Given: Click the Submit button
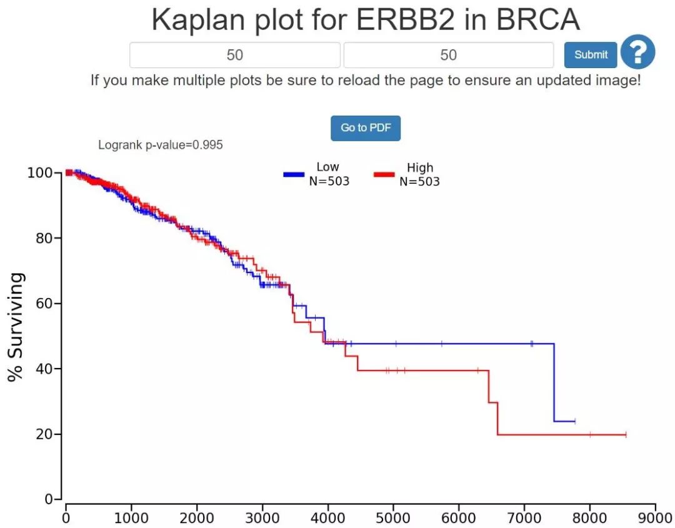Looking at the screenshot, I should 591,55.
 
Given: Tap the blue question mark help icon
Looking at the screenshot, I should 637,52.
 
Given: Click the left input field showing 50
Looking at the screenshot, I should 235,55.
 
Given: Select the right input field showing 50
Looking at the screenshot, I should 448,55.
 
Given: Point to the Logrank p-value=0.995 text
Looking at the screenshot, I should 161,145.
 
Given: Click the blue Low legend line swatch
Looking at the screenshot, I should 294,174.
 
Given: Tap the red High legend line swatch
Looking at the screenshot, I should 384,174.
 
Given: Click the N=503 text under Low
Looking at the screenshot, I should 329,181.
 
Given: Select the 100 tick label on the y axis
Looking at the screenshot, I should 41,172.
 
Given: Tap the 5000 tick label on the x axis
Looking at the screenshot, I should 393,518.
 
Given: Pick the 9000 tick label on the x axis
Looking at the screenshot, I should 655,518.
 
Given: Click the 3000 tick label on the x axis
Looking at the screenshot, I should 262,518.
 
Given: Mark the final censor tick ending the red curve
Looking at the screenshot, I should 626,434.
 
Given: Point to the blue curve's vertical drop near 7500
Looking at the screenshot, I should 554,382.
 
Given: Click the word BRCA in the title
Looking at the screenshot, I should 538,20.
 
